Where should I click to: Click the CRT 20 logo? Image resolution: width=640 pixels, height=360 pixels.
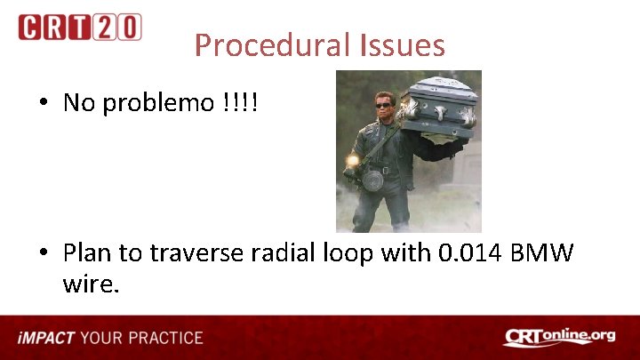[80, 27]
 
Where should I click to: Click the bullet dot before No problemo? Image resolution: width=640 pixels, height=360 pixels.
[44, 103]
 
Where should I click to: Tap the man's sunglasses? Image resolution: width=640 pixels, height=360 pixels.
[384, 105]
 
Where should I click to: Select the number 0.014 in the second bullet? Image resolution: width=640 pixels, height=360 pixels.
[474, 253]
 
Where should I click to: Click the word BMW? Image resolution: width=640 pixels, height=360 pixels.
[543, 253]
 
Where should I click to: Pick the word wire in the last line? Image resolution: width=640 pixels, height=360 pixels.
[90, 285]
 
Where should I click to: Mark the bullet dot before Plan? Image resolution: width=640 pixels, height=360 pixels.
[44, 254]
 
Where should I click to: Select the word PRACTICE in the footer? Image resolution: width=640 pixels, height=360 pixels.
[165, 338]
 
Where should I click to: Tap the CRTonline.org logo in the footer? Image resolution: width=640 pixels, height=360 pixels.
[559, 337]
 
